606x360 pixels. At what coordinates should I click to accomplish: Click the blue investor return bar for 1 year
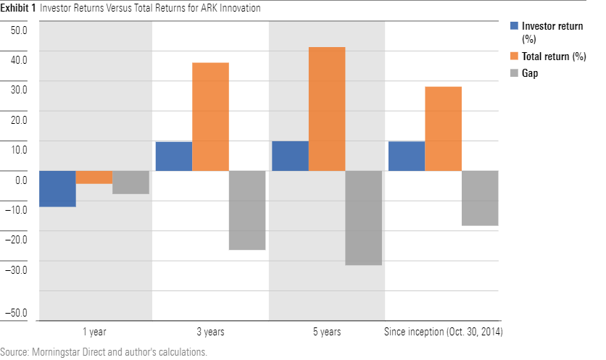click(57, 188)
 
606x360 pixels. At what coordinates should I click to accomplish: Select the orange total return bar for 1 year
click(94, 177)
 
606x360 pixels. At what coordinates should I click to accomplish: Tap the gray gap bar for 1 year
click(130, 183)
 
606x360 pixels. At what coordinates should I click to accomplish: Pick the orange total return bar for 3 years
click(210, 117)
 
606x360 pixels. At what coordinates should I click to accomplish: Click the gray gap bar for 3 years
click(247, 210)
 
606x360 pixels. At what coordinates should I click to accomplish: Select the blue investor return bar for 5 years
click(290, 156)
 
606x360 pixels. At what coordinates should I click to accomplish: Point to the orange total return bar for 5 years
click(327, 109)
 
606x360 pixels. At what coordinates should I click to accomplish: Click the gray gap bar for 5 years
click(363, 218)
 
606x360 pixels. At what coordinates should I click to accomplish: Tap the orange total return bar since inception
click(443, 129)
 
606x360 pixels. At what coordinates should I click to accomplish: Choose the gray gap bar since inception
click(480, 198)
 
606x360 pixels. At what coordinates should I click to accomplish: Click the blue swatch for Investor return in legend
click(515, 26)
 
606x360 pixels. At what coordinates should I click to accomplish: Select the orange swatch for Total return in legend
click(515, 56)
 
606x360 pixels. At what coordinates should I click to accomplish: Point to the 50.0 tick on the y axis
click(18, 31)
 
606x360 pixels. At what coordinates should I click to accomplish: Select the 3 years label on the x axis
click(210, 332)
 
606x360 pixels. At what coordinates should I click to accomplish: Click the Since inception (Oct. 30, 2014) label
click(442, 332)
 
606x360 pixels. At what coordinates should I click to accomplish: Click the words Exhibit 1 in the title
click(19, 8)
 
